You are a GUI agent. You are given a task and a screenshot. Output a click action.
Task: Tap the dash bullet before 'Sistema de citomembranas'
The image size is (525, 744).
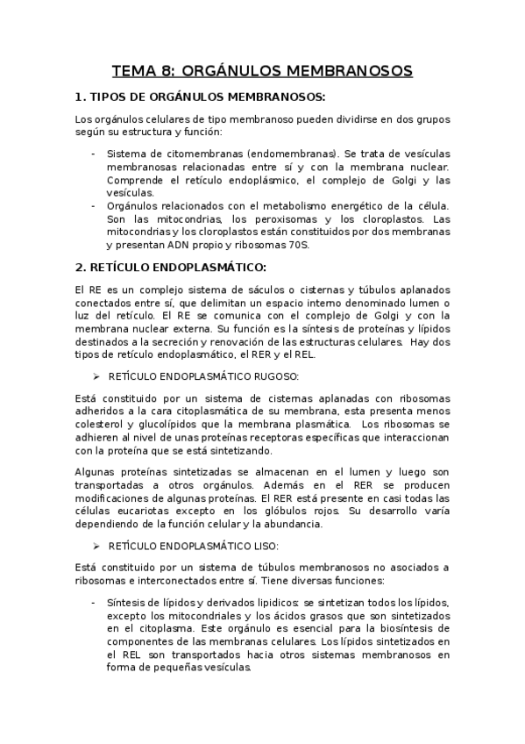[x=94, y=154]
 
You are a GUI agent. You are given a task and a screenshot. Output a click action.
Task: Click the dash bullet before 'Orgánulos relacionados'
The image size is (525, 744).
[x=94, y=205]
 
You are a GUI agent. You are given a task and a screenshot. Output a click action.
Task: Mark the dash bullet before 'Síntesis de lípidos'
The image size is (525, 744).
[x=94, y=602]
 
